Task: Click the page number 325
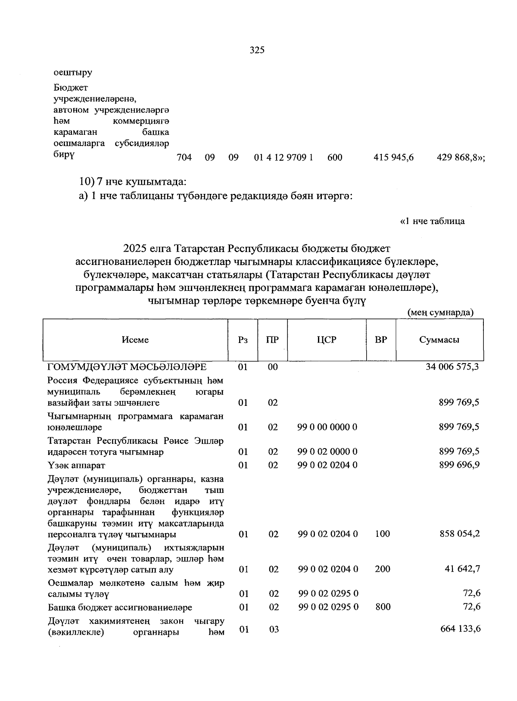[x=257, y=50]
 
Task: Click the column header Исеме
[x=135, y=340]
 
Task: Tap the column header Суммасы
[x=439, y=340]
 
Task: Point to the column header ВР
[x=381, y=340]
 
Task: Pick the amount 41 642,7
[x=462, y=569]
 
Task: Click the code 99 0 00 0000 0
[x=327, y=427]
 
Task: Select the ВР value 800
[x=383, y=607]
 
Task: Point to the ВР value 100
[x=382, y=534]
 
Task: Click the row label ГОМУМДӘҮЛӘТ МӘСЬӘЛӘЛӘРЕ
[x=127, y=367]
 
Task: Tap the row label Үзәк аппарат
[x=76, y=465]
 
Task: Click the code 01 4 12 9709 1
[x=283, y=158]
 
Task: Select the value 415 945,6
[x=393, y=158]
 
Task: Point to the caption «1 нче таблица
[x=432, y=221]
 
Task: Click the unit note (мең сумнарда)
[x=440, y=312]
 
